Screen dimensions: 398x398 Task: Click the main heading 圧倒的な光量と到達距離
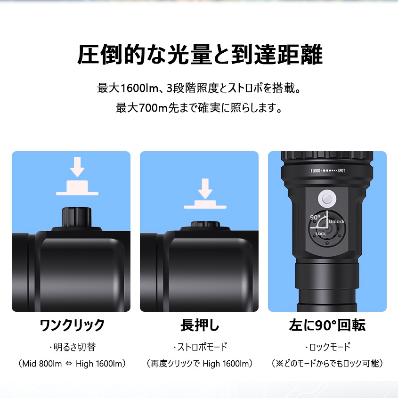(199, 56)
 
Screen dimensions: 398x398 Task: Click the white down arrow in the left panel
(77, 167)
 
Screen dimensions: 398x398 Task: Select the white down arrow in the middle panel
(205, 188)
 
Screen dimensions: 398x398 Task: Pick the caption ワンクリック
(72, 325)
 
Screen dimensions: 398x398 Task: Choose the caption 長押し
(200, 325)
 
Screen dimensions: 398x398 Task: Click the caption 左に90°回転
(327, 325)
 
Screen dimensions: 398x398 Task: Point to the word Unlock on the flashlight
(336, 221)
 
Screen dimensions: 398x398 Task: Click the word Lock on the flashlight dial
(320, 234)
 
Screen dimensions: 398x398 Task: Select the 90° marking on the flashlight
(315, 218)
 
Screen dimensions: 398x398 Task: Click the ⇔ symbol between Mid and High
(69, 364)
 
